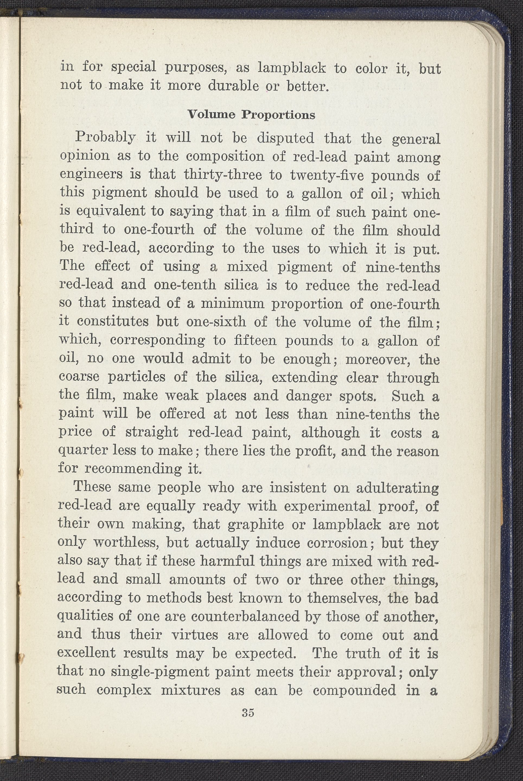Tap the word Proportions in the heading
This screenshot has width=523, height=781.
pos(279,115)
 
